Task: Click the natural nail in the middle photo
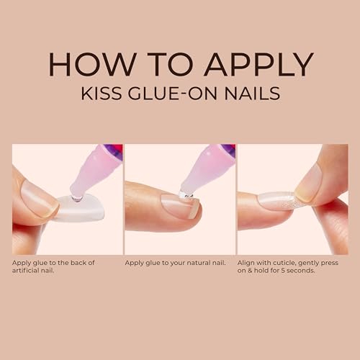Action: [180, 206]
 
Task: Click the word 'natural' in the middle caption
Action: [197, 263]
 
